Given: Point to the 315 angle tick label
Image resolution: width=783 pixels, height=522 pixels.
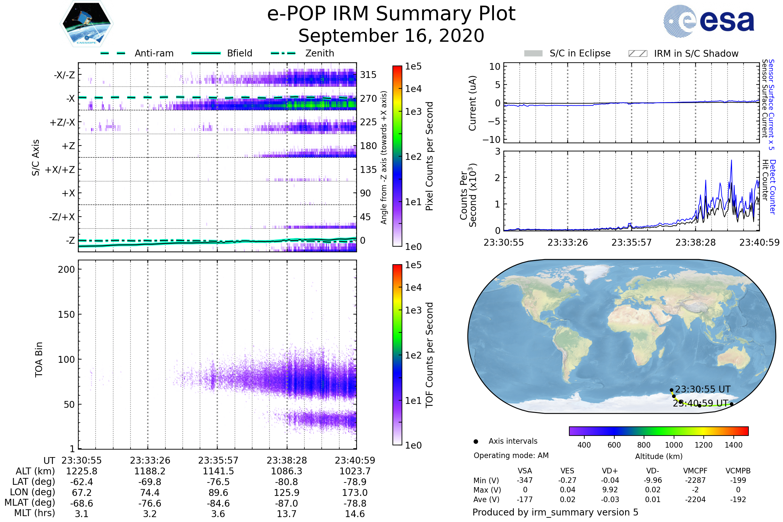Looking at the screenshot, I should (x=368, y=75).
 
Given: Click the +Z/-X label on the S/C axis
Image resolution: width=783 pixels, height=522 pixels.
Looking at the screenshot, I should (x=62, y=123).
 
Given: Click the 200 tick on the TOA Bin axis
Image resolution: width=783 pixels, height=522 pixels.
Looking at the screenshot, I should (x=66, y=269).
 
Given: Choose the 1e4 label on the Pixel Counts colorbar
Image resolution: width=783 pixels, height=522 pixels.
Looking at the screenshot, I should (x=413, y=89).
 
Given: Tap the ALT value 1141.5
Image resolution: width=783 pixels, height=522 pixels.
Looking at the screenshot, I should (x=218, y=471).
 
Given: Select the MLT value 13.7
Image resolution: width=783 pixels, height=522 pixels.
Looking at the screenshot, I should (x=286, y=514).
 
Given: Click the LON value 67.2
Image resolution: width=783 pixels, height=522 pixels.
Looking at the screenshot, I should (x=82, y=492).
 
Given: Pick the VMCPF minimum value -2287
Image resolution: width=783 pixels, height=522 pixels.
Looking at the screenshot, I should (x=695, y=480).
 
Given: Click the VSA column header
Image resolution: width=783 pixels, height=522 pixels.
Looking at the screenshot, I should (x=525, y=471).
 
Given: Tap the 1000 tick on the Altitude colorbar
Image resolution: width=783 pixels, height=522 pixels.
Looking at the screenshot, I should (x=673, y=445).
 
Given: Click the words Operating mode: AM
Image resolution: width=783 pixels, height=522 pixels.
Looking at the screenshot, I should (x=511, y=455).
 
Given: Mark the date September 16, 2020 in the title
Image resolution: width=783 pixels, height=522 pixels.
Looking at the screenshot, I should (x=391, y=36).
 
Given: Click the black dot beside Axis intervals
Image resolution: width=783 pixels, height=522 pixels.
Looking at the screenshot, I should (x=476, y=441).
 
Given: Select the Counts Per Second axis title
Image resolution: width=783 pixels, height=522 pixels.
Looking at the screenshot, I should (x=468, y=195).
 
